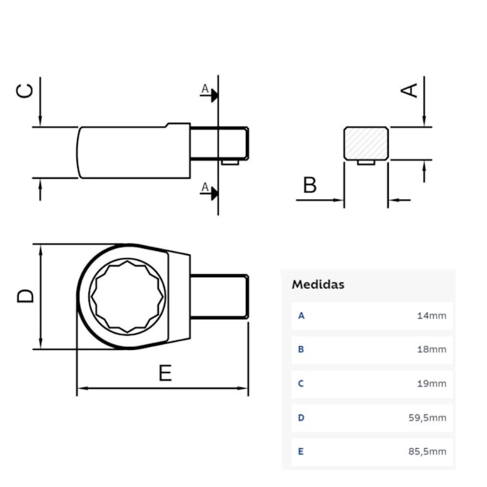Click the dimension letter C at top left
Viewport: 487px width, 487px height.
[25, 90]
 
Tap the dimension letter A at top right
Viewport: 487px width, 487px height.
[409, 89]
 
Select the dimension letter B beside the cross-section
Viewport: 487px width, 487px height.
[309, 185]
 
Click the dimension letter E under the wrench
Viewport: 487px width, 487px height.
[165, 372]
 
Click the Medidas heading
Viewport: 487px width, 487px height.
[318, 285]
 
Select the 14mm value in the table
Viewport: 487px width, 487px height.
[432, 315]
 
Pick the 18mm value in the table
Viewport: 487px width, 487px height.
[432, 349]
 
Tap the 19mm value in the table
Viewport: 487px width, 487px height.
[432, 384]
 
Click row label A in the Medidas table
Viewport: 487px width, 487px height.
[301, 315]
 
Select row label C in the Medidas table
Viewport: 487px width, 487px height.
[301, 384]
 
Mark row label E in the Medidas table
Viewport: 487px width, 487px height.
[301, 451]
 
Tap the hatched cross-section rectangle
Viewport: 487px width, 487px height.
[366, 142]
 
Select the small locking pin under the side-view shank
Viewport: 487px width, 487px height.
[229, 160]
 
